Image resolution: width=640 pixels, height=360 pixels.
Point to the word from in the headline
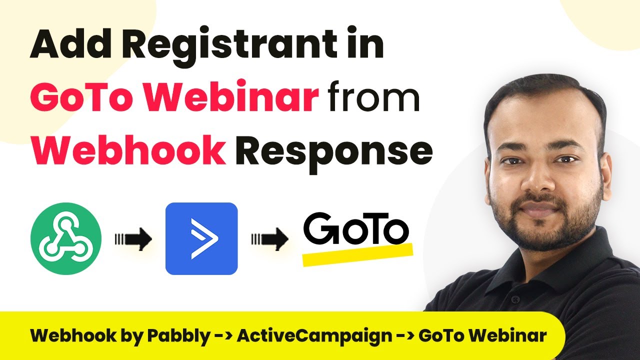pyautogui.click(x=373, y=96)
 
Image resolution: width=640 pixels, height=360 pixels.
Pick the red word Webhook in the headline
pyautogui.click(x=128, y=149)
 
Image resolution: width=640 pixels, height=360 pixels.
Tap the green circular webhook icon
pyautogui.click(x=66, y=238)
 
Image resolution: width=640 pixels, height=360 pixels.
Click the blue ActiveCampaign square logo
pyautogui.click(x=201, y=238)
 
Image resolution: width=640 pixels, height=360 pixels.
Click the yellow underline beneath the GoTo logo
pyautogui.click(x=357, y=254)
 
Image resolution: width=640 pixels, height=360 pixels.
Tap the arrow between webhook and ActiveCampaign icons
pyautogui.click(x=133, y=239)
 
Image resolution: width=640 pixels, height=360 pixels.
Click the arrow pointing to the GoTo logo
pyautogui.click(x=269, y=239)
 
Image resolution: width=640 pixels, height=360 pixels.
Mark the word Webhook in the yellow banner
pyautogui.click(x=73, y=335)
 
